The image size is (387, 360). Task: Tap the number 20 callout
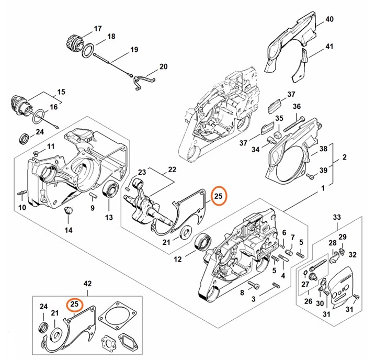coord(163,67)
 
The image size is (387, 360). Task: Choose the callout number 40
coord(329,19)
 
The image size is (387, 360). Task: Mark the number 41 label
coord(329,47)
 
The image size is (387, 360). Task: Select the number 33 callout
coord(336,217)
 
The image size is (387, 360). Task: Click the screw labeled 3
coord(255,285)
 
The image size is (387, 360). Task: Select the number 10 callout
coord(22,207)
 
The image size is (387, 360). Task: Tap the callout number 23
coord(142,173)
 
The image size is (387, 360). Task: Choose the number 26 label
coord(308,301)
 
